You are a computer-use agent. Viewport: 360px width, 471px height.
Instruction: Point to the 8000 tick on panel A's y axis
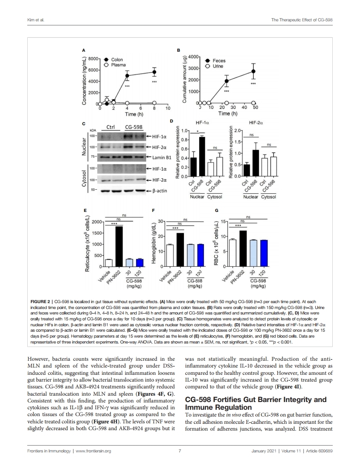click(93, 59)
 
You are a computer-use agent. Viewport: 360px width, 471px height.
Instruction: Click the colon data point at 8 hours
click(154, 72)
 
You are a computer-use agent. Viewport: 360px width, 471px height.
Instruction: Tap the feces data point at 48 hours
click(253, 71)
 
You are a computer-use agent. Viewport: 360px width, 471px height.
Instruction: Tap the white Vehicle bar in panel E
click(109, 263)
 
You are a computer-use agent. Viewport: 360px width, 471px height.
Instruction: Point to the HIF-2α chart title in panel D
click(256, 123)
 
